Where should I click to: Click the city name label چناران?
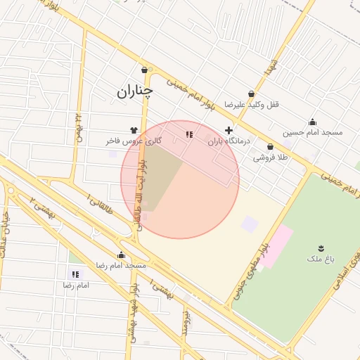click(x=134, y=91)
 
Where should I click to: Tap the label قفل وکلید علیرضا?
click(x=252, y=104)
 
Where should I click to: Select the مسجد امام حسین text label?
click(x=312, y=132)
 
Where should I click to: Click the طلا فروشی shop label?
click(x=271, y=157)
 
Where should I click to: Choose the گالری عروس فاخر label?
click(x=134, y=141)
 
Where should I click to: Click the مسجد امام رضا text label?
click(x=121, y=265)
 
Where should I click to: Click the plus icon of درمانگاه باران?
click(x=229, y=130)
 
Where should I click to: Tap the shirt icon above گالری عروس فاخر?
click(x=134, y=130)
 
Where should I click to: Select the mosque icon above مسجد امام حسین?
click(x=312, y=122)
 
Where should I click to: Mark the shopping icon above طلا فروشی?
click(x=271, y=147)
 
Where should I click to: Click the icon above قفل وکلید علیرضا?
click(x=252, y=94)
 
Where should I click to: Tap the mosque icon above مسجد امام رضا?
click(x=121, y=255)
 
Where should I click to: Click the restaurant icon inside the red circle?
click(x=188, y=134)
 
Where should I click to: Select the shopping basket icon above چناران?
click(x=145, y=70)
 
